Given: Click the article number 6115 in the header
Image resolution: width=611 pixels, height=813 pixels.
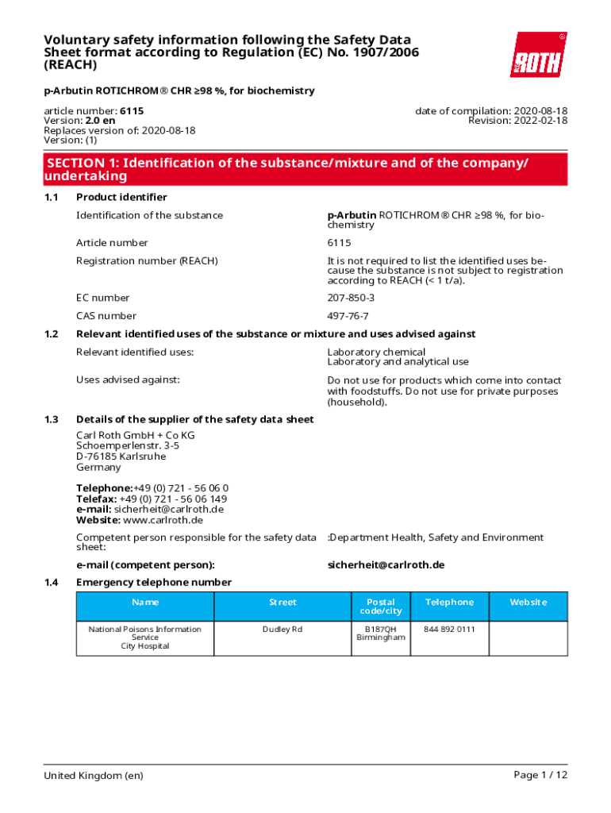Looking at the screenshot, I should tap(132, 111).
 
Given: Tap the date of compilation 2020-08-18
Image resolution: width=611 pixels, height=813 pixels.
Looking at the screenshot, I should tap(542, 111).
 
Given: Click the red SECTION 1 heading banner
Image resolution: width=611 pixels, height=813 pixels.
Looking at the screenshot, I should tap(305, 169).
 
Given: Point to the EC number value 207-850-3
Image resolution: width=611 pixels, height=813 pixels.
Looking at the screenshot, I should tap(351, 298).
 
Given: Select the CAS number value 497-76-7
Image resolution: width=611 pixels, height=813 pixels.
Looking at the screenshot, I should tap(348, 316).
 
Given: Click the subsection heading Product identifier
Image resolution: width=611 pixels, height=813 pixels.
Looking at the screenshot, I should tap(121, 197).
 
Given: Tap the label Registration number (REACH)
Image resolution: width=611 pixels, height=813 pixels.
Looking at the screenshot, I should tap(147, 260).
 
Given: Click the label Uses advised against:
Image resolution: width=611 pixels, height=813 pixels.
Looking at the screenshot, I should tap(128, 380).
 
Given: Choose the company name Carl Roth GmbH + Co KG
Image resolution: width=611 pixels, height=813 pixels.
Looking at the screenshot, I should tap(135, 435).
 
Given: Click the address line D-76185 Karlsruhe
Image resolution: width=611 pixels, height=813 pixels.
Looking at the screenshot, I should tap(121, 457).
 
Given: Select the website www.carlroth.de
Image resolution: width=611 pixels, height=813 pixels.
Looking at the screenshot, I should tap(163, 520).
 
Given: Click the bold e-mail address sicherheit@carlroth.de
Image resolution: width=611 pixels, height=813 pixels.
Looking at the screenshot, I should tap(386, 564).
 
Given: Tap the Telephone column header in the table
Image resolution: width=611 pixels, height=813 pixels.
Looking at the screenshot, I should tap(449, 603).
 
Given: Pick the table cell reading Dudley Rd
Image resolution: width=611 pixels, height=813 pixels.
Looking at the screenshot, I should tap(282, 629).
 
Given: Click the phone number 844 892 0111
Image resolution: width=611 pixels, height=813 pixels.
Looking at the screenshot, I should tap(449, 629).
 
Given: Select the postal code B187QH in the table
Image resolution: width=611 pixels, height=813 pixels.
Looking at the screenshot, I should tap(381, 629).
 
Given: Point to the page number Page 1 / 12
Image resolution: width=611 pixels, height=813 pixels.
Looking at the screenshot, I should tap(541, 775).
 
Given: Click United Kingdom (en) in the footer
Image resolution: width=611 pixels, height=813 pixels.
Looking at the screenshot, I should tap(94, 776).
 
